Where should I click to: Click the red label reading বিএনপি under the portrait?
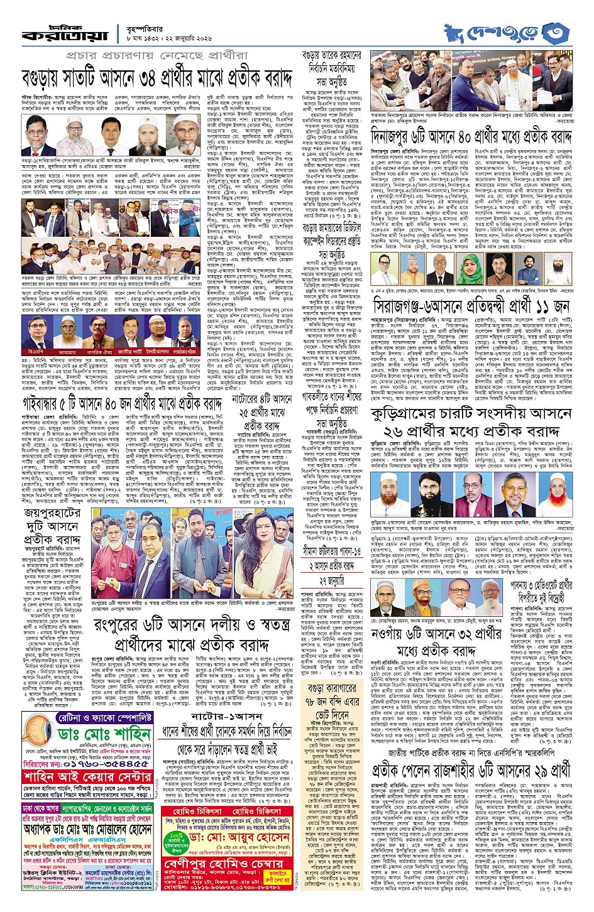click(36, 352)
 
